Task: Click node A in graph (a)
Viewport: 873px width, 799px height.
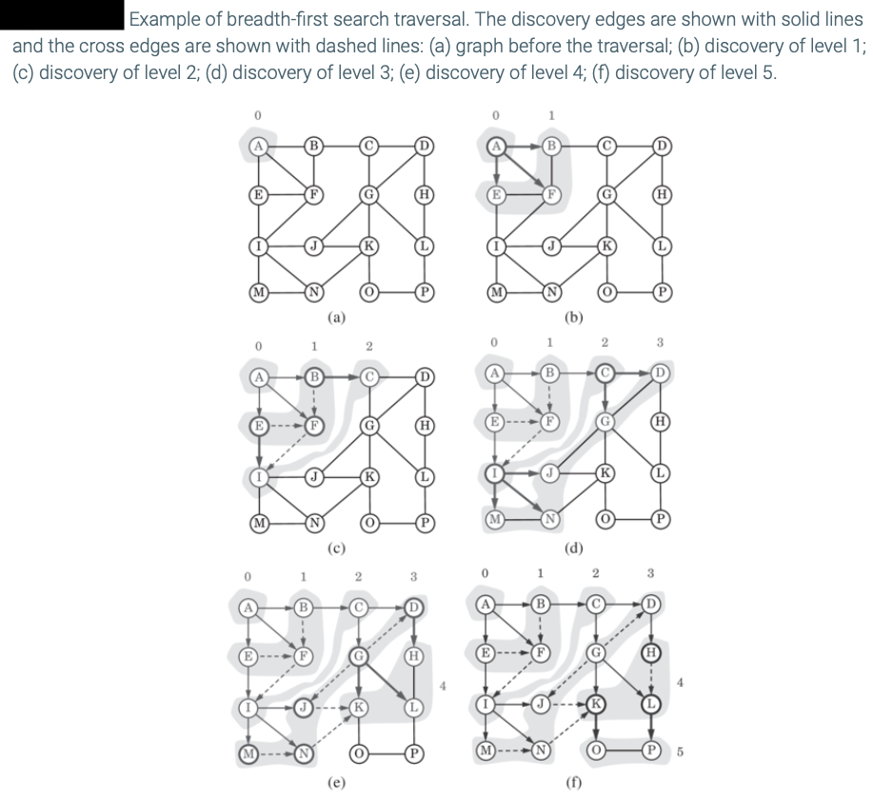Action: [x=257, y=146]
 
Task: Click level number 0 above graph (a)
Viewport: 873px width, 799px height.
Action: [x=257, y=114]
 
